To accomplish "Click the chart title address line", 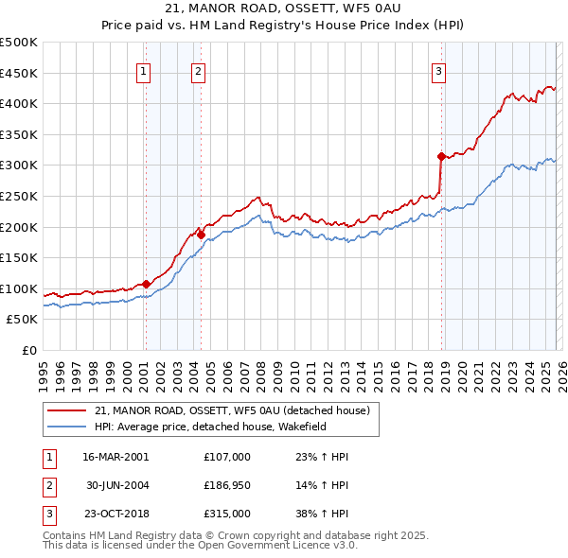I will (x=284, y=9).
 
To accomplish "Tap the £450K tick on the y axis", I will (x=19, y=73).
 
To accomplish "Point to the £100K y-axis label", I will (x=19, y=288).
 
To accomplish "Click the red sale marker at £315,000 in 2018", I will (x=441, y=156).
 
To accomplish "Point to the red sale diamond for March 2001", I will (x=146, y=284).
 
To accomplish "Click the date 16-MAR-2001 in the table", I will (x=115, y=456).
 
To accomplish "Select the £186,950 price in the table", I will (x=227, y=485).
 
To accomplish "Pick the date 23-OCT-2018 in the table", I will (x=115, y=514).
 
